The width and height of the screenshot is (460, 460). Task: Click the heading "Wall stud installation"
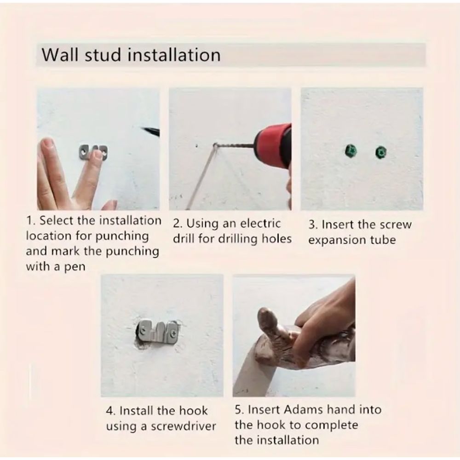[131, 54]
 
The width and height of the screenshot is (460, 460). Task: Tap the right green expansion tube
[380, 152]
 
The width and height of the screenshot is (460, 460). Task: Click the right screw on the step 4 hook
[172, 330]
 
